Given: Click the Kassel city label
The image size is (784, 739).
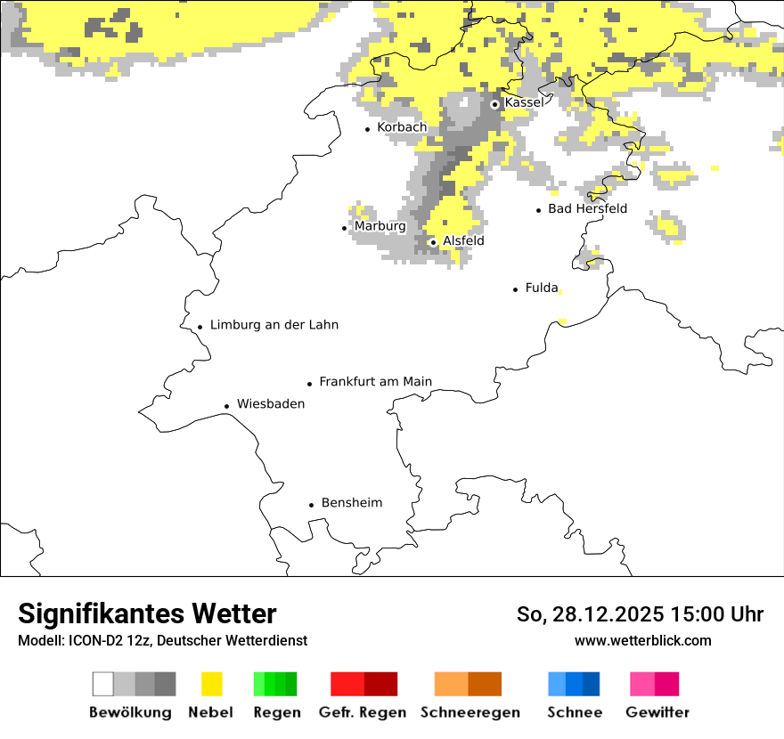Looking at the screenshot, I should pos(524,103).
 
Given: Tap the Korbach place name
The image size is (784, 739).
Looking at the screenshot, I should pos(402,128).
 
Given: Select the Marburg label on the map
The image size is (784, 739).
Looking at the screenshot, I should pos(380,227).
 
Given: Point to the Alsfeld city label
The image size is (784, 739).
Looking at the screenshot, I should pos(463,241).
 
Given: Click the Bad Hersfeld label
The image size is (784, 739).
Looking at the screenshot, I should pos(587,209).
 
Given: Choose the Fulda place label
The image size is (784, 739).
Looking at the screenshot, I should pos(542,288).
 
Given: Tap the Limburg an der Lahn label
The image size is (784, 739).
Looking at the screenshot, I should pos(274,326).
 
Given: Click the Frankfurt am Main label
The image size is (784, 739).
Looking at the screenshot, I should pos(375,382).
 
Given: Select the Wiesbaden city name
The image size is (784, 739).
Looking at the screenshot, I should pos(271,404).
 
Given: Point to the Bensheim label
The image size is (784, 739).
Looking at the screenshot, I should pos(352,503).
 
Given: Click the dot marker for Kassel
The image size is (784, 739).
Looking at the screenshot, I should pos(494,104).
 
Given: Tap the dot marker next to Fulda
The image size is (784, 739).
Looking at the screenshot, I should pos(516,289).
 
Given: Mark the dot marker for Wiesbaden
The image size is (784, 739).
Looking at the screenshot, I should pos(226,406).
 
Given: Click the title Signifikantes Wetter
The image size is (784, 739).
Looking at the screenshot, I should pos(147,614).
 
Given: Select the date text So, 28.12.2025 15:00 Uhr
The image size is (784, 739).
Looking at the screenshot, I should pos(640,615).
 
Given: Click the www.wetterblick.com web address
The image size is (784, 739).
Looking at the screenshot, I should pos(642,641).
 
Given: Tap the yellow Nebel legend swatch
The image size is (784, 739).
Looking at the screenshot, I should pos(211,684).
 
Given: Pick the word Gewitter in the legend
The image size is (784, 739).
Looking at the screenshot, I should pos(657,713).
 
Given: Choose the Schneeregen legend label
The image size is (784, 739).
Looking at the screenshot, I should pos(470,713).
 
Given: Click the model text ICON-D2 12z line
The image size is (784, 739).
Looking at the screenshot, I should pos(162,641).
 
